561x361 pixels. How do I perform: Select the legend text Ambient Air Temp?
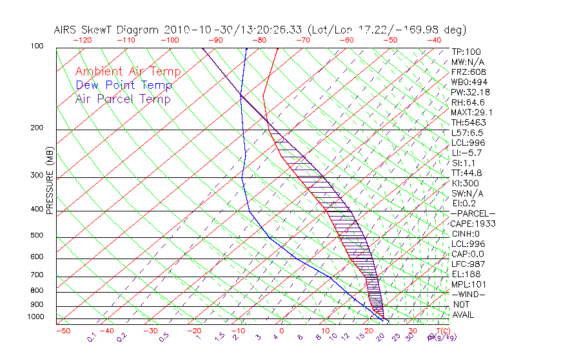(x=128, y=72)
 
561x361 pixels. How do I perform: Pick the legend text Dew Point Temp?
(x=123, y=85)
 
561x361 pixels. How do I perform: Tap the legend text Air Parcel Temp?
(x=123, y=99)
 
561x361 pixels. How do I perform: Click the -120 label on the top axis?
(x=82, y=40)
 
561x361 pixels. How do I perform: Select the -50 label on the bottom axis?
(x=63, y=331)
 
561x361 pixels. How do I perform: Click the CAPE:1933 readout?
(x=471, y=223)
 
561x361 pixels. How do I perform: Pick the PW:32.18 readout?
(x=468, y=92)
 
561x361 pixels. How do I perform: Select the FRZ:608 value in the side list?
(x=467, y=72)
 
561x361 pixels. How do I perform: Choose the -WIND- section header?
(x=469, y=294)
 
